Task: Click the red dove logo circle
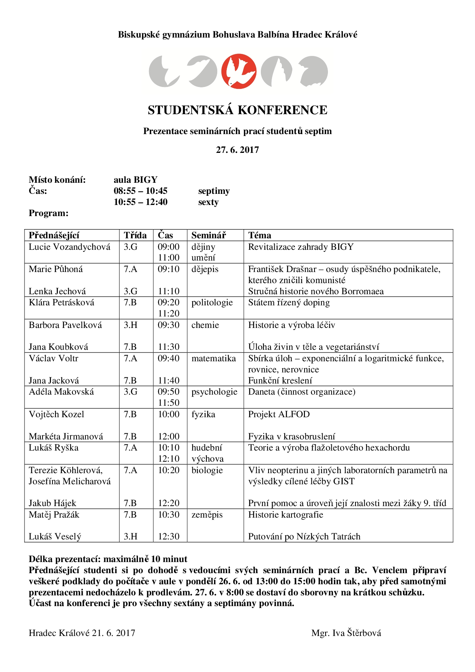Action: click(x=238, y=71)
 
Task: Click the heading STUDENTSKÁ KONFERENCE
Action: click(x=237, y=110)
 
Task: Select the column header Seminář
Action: click(x=208, y=235)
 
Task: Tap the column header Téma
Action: click(x=259, y=235)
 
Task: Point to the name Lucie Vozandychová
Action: click(x=69, y=247)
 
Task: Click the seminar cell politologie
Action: click(x=212, y=302)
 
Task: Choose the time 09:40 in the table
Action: click(x=169, y=358)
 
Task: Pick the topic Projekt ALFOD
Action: click(x=279, y=414)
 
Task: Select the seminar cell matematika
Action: click(x=213, y=358)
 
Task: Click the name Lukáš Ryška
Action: click(x=54, y=447)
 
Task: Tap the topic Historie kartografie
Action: click(x=285, y=515)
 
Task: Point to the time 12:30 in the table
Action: click(x=169, y=536)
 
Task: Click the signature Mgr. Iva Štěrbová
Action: click(x=346, y=633)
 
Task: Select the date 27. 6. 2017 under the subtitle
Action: click(x=237, y=150)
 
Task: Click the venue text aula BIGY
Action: click(x=136, y=180)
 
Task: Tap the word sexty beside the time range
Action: click(x=208, y=202)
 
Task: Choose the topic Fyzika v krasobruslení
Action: click(x=292, y=436)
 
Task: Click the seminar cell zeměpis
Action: click(x=207, y=515)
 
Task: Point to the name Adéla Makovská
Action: click(x=61, y=392)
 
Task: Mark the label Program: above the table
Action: click(x=49, y=213)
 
